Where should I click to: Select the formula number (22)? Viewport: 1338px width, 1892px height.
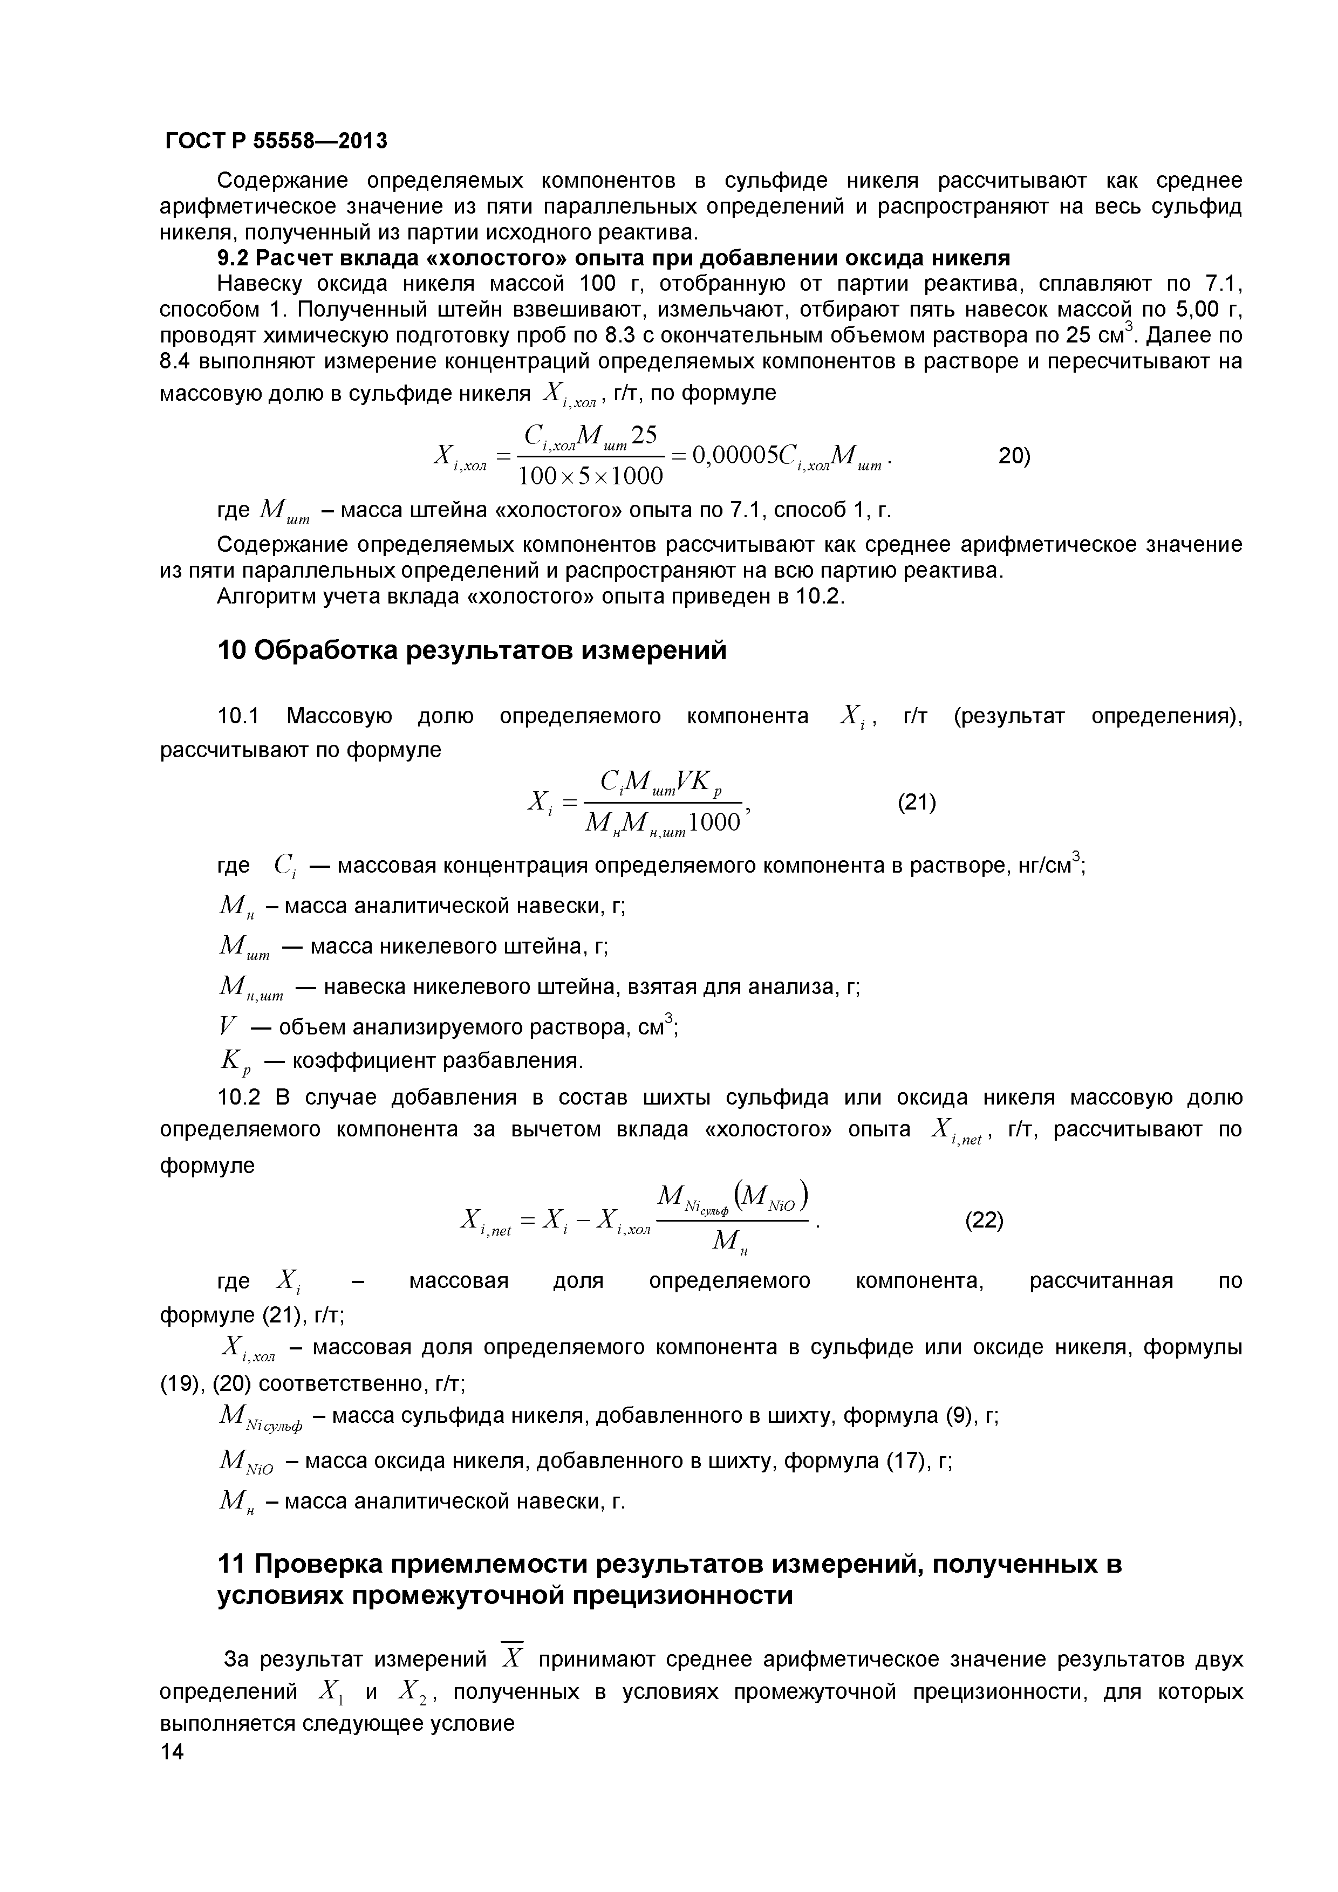984,1221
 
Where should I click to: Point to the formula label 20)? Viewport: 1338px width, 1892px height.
1014,456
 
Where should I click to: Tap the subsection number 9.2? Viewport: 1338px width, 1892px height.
233,259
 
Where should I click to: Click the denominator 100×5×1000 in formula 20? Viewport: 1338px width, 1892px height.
590,476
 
